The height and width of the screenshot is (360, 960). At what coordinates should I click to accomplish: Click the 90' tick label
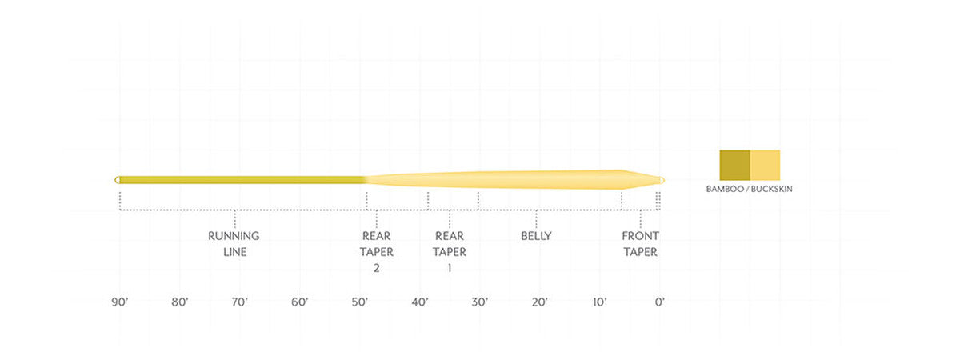point(120,302)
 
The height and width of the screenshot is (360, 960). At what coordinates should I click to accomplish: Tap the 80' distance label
point(179,302)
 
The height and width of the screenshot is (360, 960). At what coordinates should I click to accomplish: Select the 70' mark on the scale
point(239,302)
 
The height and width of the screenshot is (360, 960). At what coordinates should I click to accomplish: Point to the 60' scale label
point(300,302)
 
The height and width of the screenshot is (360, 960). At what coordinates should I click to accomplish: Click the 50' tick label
point(359,302)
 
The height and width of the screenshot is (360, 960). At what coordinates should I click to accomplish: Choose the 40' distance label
point(420,302)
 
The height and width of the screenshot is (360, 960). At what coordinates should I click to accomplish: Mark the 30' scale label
point(480,302)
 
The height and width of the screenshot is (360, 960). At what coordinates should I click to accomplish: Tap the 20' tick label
point(539,302)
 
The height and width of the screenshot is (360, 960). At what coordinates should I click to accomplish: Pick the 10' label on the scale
point(600,302)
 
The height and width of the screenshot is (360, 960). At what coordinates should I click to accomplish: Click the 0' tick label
point(659,302)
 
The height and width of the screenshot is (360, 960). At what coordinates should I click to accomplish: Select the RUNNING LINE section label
point(234,244)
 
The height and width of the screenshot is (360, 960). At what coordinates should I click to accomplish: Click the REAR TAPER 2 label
point(376,252)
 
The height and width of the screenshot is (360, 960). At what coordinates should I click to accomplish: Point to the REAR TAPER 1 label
point(450,252)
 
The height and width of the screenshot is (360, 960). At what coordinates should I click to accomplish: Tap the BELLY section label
point(536,236)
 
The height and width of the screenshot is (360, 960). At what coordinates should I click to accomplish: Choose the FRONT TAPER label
point(640,244)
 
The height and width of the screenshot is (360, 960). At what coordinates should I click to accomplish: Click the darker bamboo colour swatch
point(734,164)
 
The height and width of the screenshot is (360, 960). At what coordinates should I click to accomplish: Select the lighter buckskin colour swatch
point(765,164)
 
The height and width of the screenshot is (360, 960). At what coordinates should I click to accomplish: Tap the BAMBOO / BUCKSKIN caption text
point(749,190)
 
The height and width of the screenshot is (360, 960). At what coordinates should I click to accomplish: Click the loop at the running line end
point(119,179)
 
